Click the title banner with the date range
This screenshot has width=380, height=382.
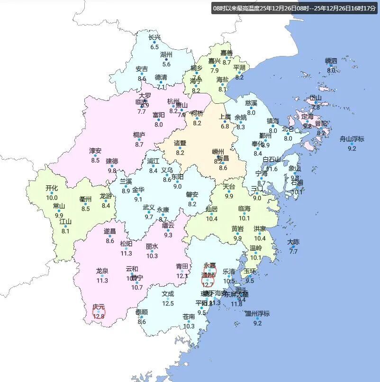(x=294, y=9)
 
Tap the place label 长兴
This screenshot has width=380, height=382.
(x=154, y=37)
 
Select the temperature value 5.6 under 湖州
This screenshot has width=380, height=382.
(x=166, y=64)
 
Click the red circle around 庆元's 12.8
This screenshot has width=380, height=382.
(x=99, y=312)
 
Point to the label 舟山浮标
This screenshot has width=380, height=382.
(x=352, y=139)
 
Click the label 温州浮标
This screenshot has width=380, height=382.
(x=257, y=313)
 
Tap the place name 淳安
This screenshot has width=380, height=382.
(x=95, y=151)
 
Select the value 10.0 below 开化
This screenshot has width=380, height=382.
(x=52, y=198)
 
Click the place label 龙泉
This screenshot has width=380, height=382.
(x=102, y=271)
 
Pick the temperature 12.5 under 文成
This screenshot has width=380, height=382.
(x=168, y=303)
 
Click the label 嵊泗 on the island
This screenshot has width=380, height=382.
(x=331, y=61)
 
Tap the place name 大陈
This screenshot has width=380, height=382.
(x=293, y=242)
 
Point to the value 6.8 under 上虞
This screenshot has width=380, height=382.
(x=225, y=127)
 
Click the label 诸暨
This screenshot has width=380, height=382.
(x=180, y=143)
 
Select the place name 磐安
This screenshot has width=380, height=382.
(x=192, y=194)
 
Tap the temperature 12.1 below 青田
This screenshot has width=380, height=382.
(x=182, y=276)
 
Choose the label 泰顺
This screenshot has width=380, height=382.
(x=141, y=312)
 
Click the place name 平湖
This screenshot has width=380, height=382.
(x=239, y=68)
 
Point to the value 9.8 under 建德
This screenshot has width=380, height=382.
(x=112, y=171)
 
